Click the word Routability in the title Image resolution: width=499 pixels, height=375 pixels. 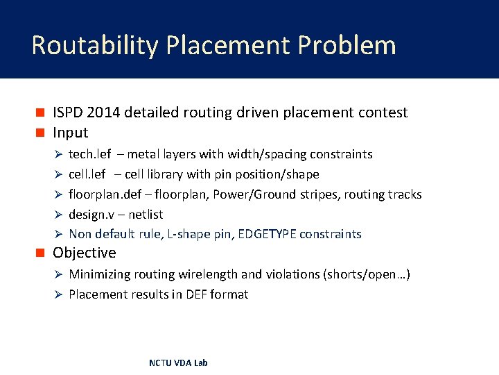[94, 45]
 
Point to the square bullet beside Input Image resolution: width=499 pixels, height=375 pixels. [40, 133]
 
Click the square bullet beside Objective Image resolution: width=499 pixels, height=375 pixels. [40, 253]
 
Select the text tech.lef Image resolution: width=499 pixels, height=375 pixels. [89, 154]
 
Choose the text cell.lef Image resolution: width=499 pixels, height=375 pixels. [87, 174]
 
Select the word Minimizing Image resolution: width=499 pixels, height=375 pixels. [101, 274]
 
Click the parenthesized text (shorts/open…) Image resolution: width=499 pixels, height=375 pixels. [367, 274]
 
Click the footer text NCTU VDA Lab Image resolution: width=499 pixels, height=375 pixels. [178, 362]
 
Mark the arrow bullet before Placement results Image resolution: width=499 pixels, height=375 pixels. [60, 294]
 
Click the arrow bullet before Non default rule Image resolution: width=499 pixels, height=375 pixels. [60, 235]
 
